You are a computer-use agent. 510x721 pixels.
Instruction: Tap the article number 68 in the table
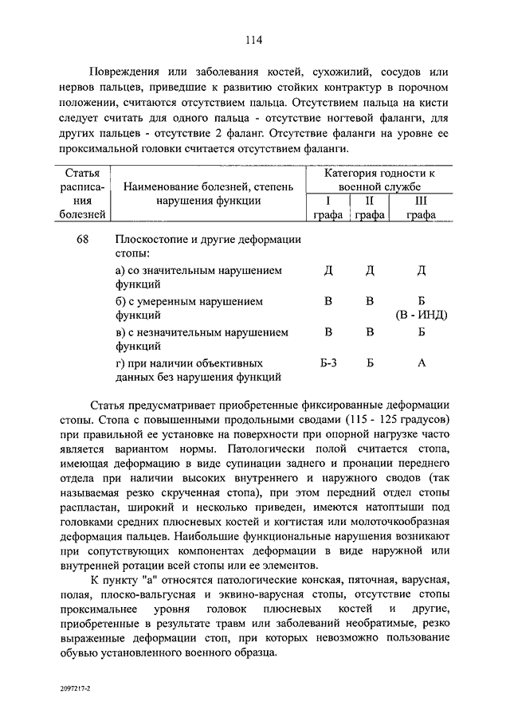click(x=83, y=240)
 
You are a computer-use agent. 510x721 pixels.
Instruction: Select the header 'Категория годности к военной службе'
click(x=379, y=180)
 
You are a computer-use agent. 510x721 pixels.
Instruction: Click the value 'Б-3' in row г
click(x=328, y=363)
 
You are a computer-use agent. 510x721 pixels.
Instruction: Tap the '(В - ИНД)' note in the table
click(x=421, y=316)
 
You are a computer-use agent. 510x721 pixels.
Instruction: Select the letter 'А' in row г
click(x=422, y=363)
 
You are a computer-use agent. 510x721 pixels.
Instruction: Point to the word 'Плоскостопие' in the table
click(x=154, y=240)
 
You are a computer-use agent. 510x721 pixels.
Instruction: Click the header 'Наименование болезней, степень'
click(x=208, y=186)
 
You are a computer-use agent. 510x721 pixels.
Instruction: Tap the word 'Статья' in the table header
click(x=82, y=173)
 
